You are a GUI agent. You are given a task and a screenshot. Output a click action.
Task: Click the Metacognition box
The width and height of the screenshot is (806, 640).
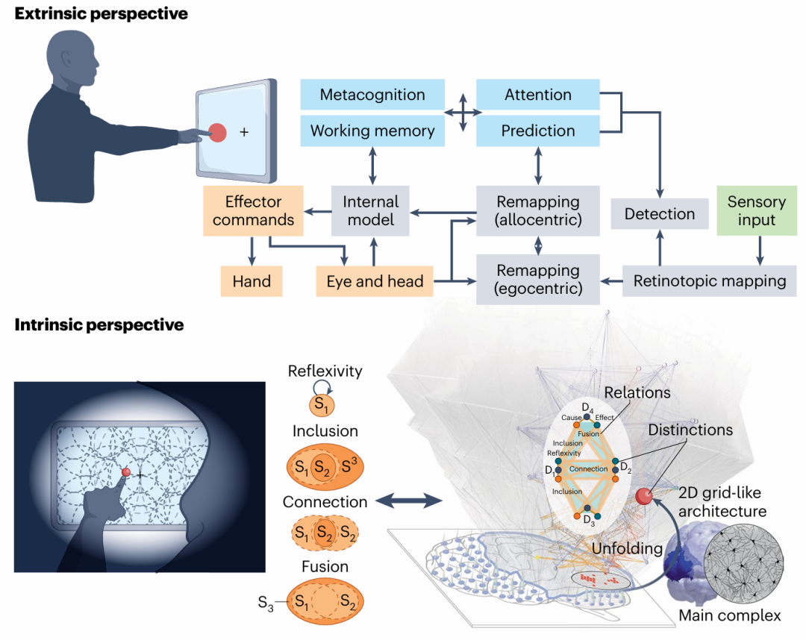click(x=372, y=95)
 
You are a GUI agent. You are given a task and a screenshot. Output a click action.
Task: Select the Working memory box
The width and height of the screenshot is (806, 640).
click(x=372, y=131)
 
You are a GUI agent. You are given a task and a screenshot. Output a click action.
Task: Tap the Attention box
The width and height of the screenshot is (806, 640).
click(x=537, y=95)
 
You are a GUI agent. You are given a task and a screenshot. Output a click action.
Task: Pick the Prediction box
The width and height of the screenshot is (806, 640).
click(x=537, y=131)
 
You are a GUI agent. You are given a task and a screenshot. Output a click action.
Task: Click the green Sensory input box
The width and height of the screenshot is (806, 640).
click(x=756, y=211)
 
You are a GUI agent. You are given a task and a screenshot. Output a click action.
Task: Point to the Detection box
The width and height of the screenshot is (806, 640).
click(x=659, y=214)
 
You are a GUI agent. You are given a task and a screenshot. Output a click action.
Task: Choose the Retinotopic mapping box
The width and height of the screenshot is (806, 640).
click(x=709, y=281)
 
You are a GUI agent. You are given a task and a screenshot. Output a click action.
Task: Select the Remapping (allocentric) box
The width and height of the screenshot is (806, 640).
click(x=537, y=211)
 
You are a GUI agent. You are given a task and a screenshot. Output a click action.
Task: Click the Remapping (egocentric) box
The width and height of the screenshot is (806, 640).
click(x=537, y=280)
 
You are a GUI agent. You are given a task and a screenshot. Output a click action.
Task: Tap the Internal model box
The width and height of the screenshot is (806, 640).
click(x=371, y=211)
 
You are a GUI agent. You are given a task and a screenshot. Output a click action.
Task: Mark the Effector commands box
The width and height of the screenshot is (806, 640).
click(x=254, y=211)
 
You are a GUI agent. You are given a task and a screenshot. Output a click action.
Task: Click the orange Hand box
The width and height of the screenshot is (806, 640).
click(x=252, y=281)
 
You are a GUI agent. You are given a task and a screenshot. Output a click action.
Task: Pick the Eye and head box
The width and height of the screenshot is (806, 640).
click(x=375, y=281)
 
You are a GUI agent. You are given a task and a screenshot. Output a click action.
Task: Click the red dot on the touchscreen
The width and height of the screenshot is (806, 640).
click(x=217, y=133)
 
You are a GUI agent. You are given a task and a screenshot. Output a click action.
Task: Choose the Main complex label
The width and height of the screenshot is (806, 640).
click(x=729, y=615)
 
